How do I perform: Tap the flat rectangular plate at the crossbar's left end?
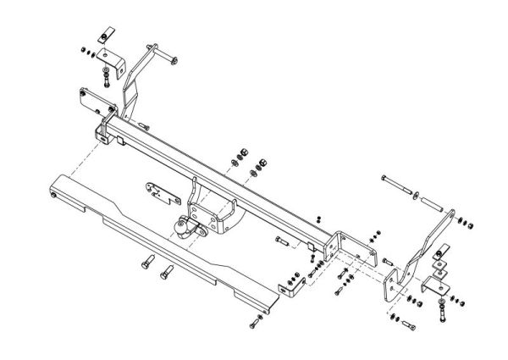[96, 97]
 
